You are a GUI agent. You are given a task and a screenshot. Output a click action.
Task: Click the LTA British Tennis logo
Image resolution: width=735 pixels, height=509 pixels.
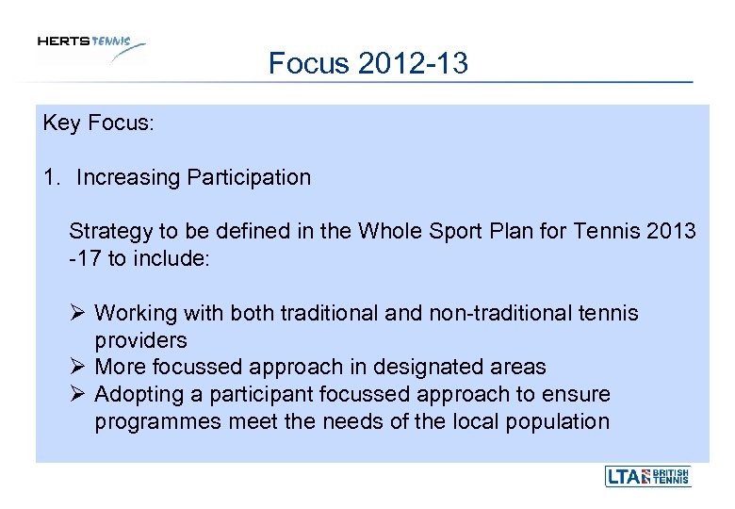pyautogui.click(x=647, y=477)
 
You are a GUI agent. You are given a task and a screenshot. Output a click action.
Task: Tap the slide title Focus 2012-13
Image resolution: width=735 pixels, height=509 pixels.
pyautogui.click(x=368, y=64)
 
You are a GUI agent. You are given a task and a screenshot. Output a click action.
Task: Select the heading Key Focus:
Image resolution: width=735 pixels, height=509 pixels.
pyautogui.click(x=97, y=123)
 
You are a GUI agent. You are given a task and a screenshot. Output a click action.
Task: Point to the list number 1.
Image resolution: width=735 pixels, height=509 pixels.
pyautogui.click(x=50, y=177)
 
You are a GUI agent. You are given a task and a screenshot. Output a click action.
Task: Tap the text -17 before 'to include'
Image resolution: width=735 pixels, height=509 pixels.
pyautogui.click(x=85, y=257)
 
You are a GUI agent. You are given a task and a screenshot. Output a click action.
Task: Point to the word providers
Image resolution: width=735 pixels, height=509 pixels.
pyautogui.click(x=140, y=339)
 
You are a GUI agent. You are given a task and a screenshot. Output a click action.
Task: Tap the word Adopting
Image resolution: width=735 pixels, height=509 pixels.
pyautogui.click(x=139, y=393)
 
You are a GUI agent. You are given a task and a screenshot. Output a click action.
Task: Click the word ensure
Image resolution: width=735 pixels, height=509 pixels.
pyautogui.click(x=578, y=393)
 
